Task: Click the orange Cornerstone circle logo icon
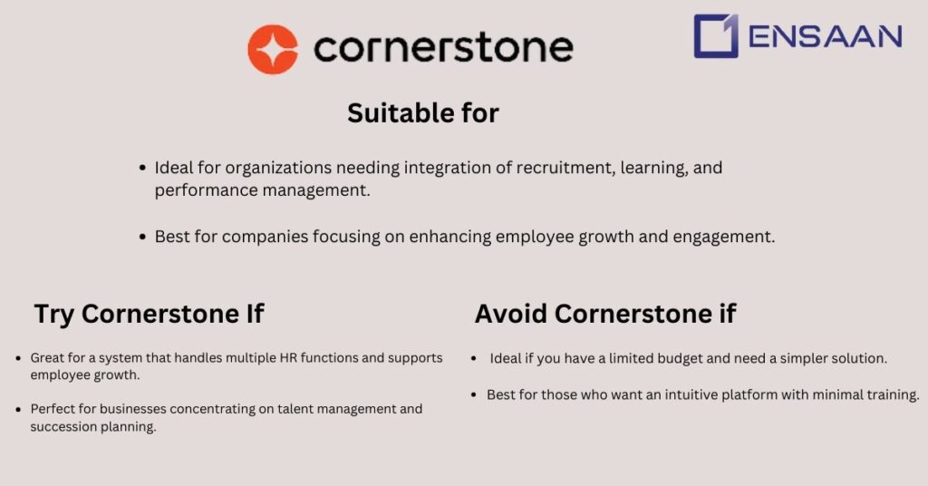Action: point(273,49)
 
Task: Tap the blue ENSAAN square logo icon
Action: point(716,36)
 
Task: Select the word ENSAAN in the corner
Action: point(826,36)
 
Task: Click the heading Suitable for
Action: point(423,113)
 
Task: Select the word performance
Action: point(206,190)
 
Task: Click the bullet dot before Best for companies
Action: point(142,237)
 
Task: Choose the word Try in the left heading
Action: point(54,314)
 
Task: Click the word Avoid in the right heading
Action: point(511,314)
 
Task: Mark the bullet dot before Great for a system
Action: point(19,359)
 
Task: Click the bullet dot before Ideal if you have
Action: point(474,359)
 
